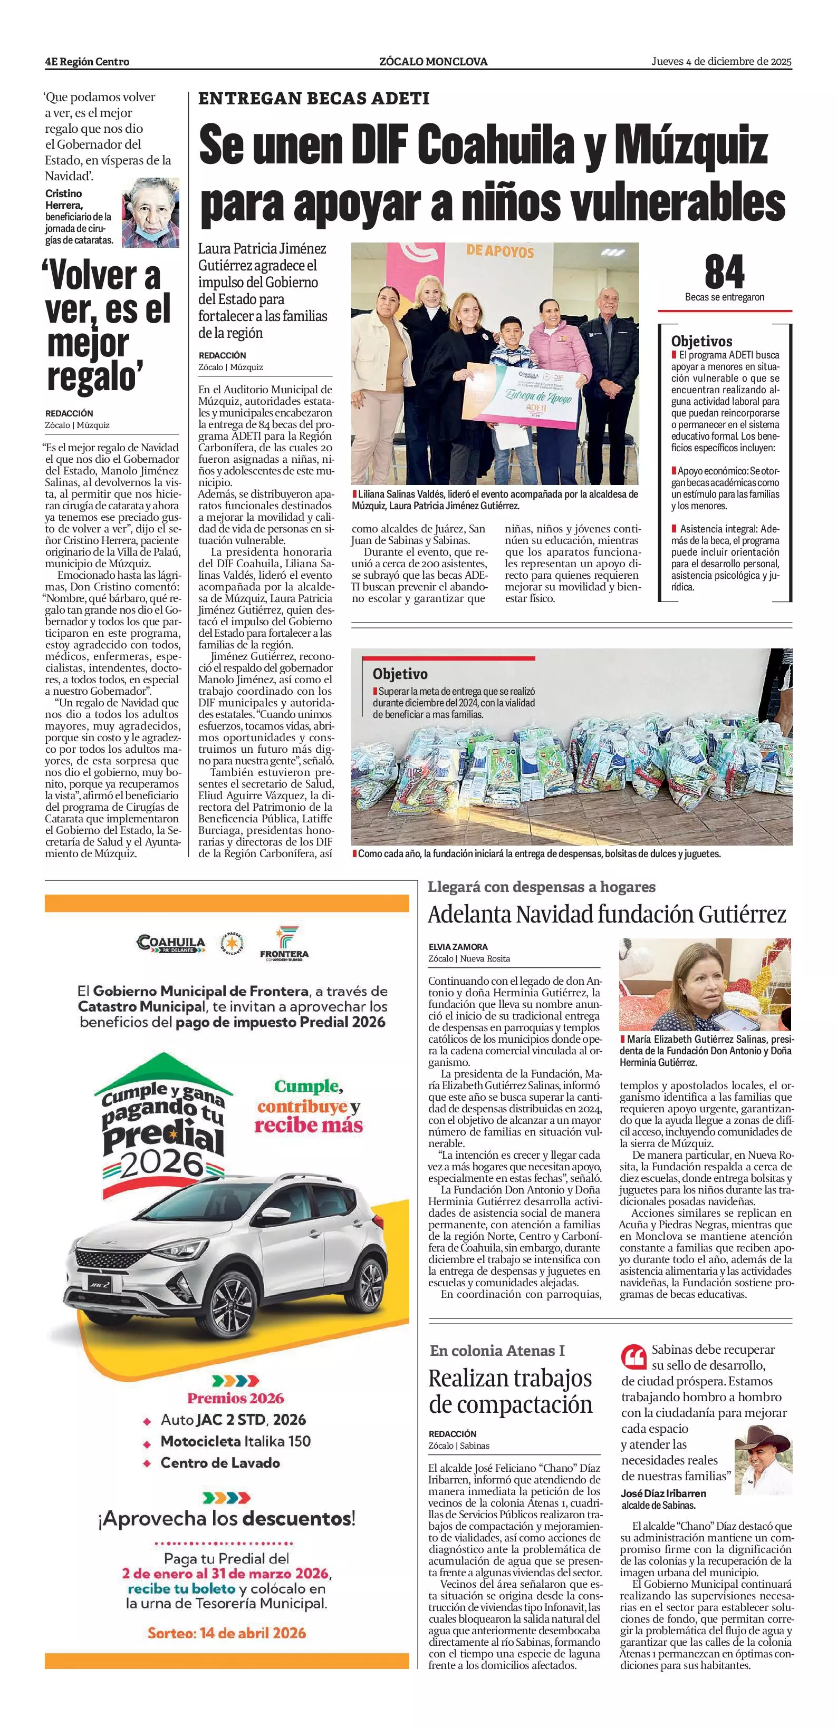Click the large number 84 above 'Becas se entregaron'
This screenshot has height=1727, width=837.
[x=724, y=271]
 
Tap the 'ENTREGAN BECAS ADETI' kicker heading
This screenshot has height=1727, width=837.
[x=314, y=99]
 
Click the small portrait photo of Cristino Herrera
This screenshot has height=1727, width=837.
[x=150, y=212]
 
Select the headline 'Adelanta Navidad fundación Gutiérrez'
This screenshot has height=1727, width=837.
[x=607, y=915]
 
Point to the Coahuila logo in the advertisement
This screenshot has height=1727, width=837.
[x=171, y=944]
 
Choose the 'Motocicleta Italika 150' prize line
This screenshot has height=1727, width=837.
[x=235, y=1441]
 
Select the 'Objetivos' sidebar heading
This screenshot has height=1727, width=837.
[x=701, y=341]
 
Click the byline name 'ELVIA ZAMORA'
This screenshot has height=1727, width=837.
[x=458, y=947]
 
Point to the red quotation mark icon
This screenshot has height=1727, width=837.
[x=633, y=1356]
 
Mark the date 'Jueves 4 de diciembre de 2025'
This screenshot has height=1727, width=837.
[x=721, y=62]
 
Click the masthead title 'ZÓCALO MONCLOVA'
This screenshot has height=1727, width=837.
[x=433, y=62]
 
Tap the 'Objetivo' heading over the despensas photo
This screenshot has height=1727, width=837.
[x=400, y=674]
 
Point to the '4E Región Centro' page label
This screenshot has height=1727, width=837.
[x=87, y=62]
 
